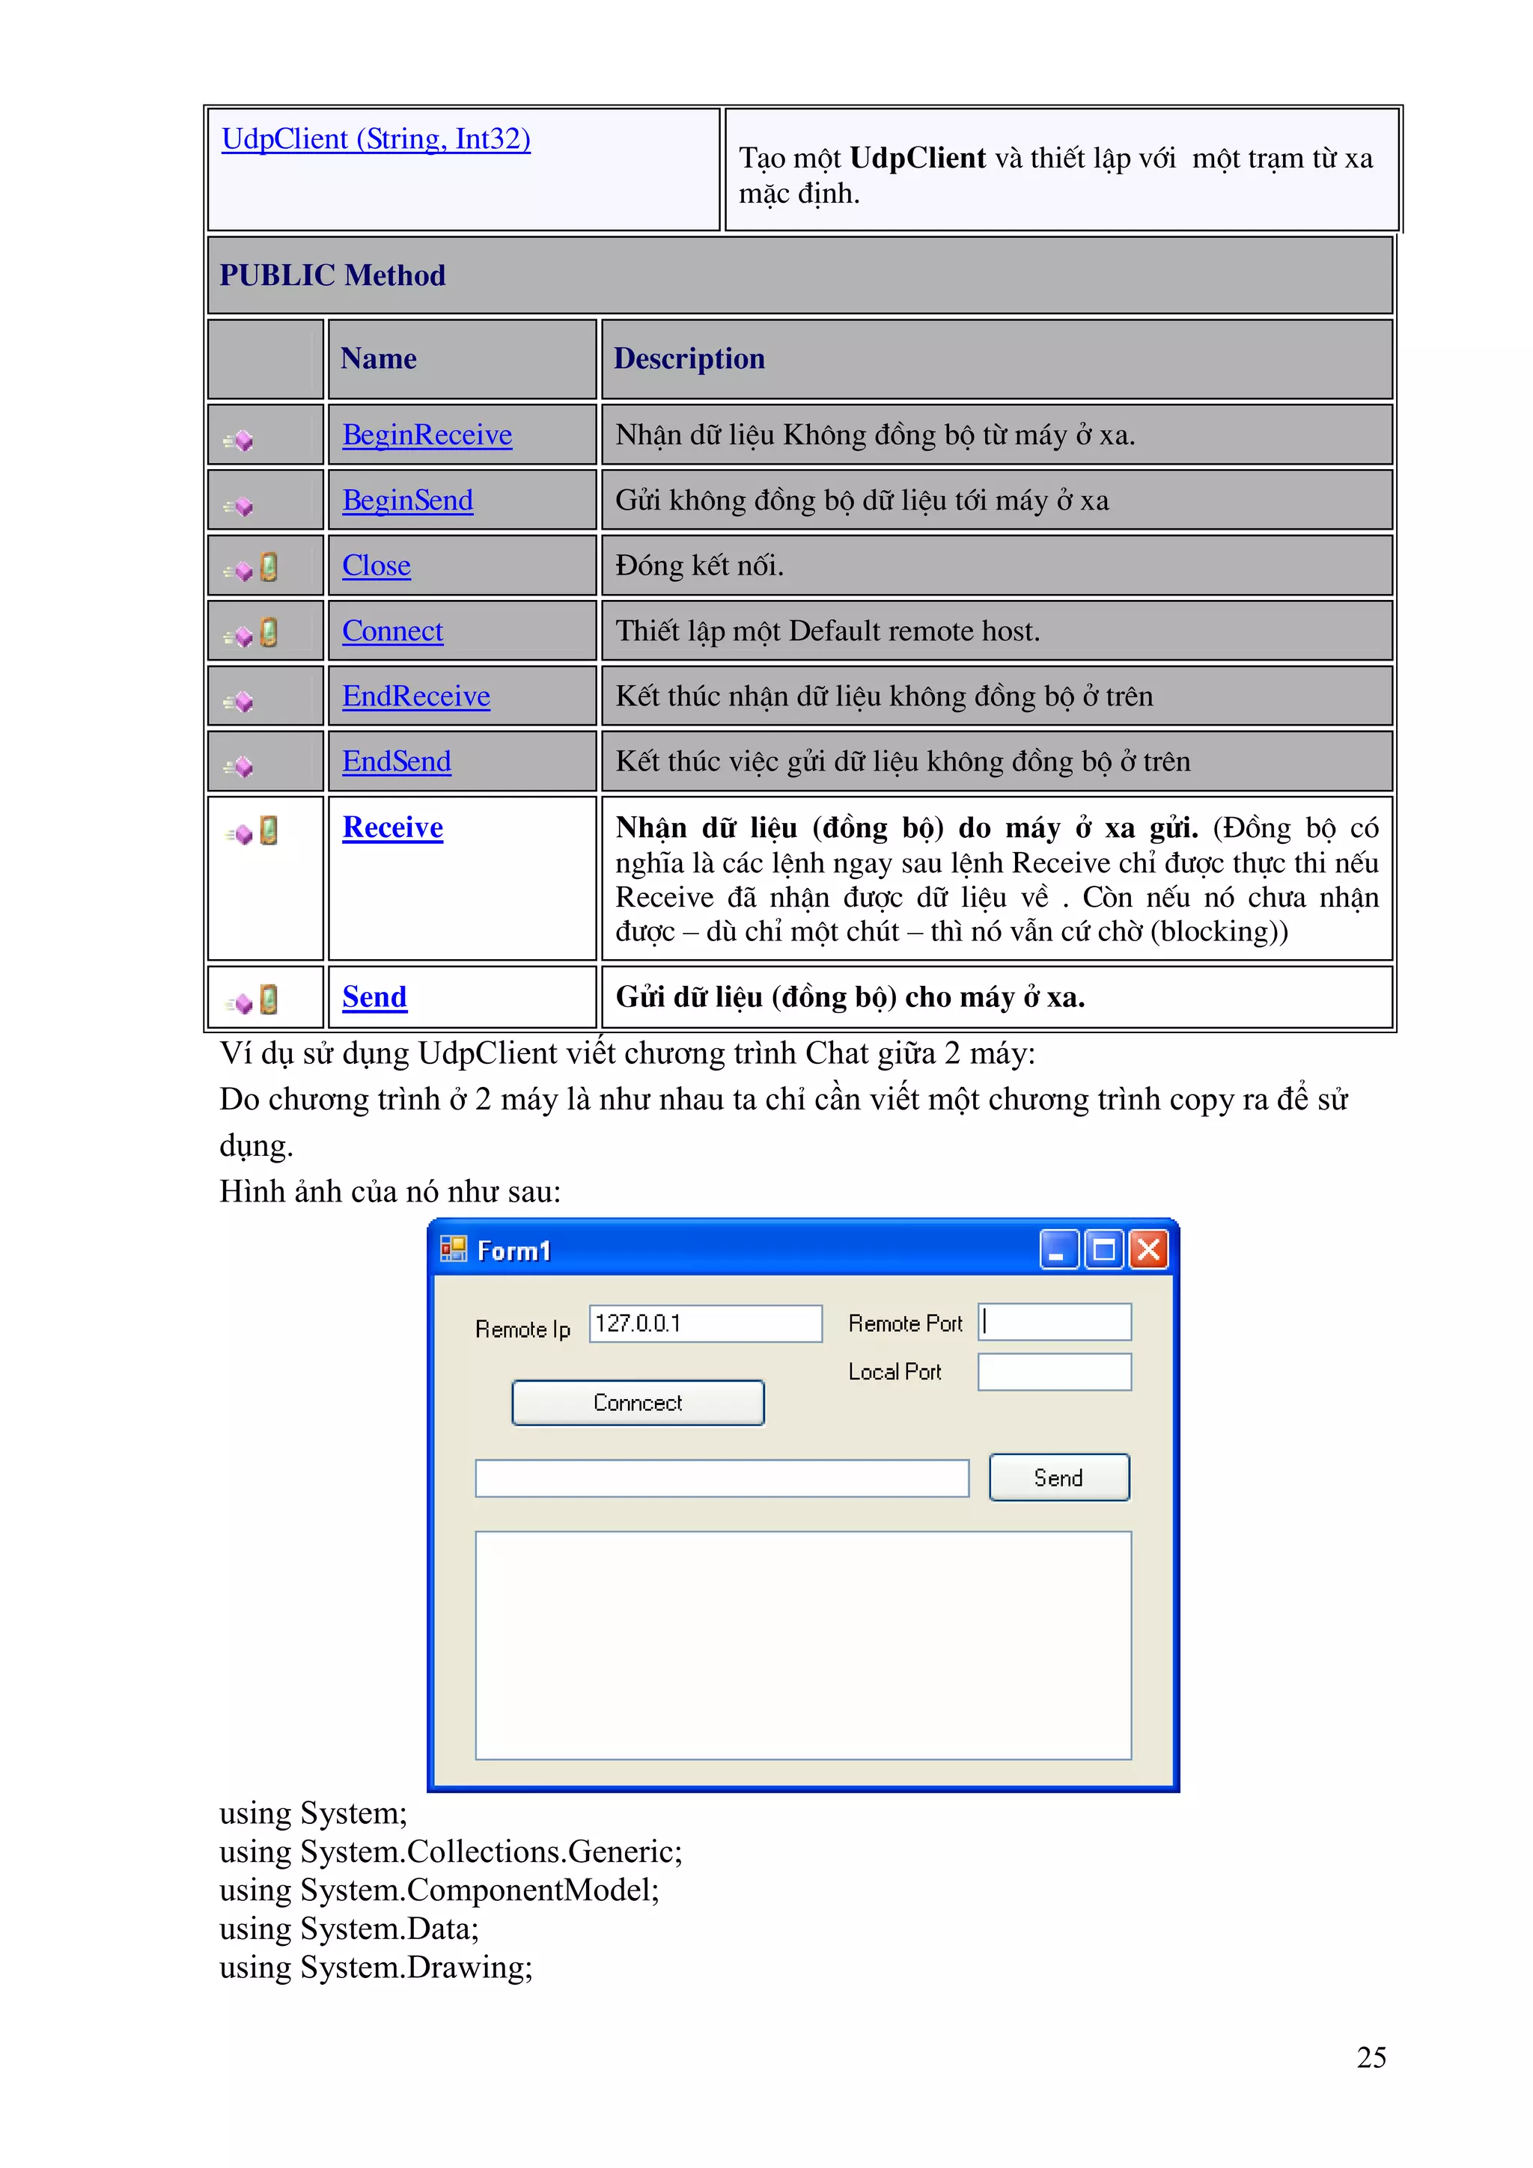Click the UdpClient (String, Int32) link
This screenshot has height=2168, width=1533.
(376, 140)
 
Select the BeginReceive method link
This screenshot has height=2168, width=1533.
(427, 435)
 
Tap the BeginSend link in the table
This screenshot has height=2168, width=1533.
(407, 500)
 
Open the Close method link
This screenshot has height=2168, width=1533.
(376, 566)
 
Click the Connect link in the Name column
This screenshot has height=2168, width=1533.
(392, 631)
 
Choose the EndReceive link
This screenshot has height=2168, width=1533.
(415, 696)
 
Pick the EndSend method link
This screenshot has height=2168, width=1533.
(396, 761)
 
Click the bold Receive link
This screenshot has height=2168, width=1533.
(392, 827)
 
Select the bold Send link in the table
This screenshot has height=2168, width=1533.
(374, 997)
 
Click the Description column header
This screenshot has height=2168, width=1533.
(689, 359)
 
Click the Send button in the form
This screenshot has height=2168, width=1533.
(1058, 1478)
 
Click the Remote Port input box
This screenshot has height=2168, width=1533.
(1055, 1322)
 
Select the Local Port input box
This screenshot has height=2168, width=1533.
(1054, 1372)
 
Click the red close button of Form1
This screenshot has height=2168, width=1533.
(1148, 1250)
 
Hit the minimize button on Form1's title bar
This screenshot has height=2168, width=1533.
(1058, 1250)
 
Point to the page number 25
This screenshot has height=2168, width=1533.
(1371, 2057)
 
